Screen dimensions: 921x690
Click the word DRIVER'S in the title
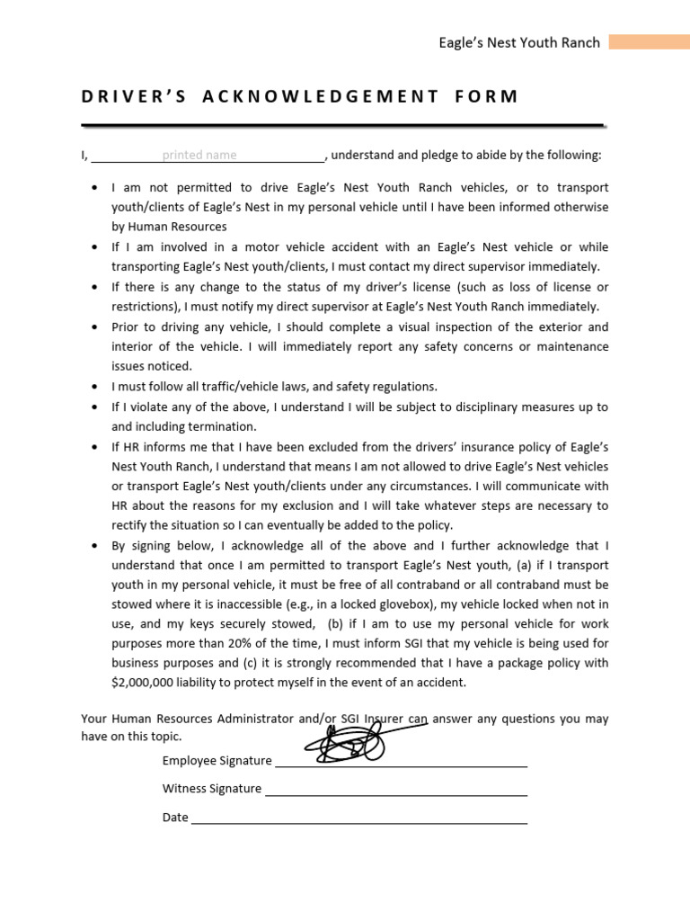[x=134, y=97]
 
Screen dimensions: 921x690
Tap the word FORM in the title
[x=487, y=97]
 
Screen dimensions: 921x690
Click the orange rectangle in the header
[x=649, y=42]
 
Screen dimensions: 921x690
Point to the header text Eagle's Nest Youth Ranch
[x=518, y=42]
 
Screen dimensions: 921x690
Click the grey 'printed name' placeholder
[x=199, y=155]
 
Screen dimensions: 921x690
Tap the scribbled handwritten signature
[x=350, y=740]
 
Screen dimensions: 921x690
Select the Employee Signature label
[x=217, y=760]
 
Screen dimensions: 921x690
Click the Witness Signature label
[x=211, y=789]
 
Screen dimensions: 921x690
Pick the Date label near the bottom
[x=175, y=818]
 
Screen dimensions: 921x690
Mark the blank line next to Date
[x=359, y=822]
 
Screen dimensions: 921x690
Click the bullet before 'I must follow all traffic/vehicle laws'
[x=96, y=387]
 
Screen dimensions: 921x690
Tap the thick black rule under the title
[x=341, y=124]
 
